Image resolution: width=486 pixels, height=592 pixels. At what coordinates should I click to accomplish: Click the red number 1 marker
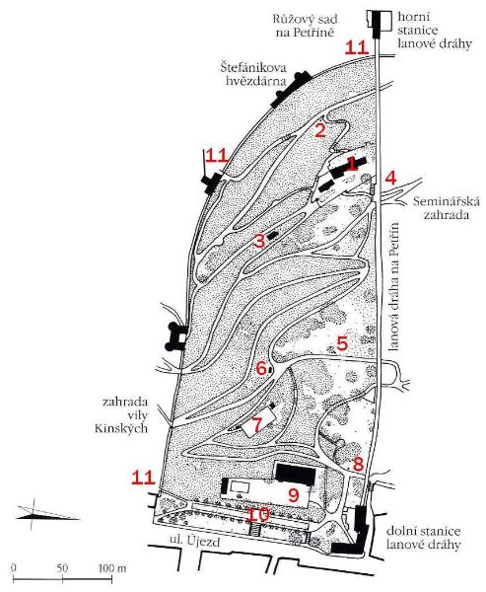[x=352, y=164]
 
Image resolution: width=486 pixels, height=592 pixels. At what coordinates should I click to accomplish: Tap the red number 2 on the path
[x=320, y=130]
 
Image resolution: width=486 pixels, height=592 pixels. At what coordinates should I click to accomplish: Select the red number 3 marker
[x=259, y=241]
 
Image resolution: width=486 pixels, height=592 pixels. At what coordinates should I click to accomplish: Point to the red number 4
[x=391, y=178]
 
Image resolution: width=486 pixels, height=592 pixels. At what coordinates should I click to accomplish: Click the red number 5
[x=342, y=343]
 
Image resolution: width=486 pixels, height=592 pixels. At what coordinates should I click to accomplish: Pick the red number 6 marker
[x=261, y=368]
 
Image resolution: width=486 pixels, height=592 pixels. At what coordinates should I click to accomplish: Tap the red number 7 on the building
[x=256, y=425]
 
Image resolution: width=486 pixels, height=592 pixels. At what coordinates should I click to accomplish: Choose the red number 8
[x=358, y=465]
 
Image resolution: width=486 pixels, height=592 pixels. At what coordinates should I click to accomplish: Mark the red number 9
[x=294, y=495]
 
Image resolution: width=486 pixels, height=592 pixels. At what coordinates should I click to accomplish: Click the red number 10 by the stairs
[x=258, y=514]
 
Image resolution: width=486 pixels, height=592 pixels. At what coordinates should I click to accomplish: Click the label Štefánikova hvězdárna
[x=253, y=74]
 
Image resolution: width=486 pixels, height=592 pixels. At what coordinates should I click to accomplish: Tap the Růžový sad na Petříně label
[x=306, y=26]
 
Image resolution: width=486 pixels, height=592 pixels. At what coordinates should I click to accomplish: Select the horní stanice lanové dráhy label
[x=435, y=31]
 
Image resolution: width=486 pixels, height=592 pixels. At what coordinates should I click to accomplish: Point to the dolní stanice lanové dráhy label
[x=423, y=538]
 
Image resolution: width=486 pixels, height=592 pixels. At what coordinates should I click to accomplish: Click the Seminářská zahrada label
[x=447, y=207]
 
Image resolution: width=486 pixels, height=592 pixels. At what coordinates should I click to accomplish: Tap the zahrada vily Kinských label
[x=121, y=415]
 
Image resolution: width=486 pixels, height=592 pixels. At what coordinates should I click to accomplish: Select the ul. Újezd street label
[x=195, y=542]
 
